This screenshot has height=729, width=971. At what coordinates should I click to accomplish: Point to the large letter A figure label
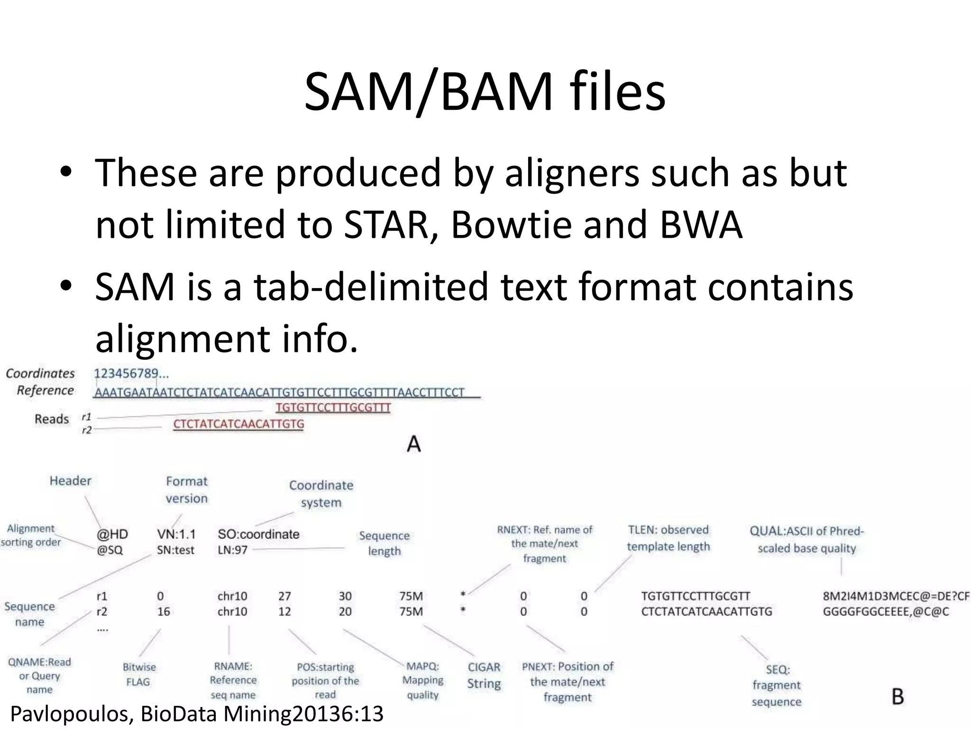coord(414,444)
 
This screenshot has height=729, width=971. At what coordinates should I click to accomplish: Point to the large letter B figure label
coord(898,697)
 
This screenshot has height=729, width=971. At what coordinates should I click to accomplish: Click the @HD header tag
coord(112,534)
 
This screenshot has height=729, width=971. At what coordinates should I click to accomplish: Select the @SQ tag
coord(110,550)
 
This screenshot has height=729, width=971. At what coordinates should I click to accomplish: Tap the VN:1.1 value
coord(176,534)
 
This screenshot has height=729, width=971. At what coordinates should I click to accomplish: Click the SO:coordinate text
coord(258,534)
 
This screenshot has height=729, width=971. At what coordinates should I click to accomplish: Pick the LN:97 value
coord(232,551)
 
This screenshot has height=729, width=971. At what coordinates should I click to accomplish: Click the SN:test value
coord(176,551)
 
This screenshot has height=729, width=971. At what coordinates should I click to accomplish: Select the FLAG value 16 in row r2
coord(164,612)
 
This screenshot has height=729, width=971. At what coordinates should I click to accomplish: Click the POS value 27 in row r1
coord(284,596)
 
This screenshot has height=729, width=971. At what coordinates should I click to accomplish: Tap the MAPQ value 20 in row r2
coord(345,612)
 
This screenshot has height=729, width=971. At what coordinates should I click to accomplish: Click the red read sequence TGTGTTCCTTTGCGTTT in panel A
coord(333,408)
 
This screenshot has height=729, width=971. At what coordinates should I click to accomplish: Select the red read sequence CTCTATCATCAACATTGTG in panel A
coord(238,424)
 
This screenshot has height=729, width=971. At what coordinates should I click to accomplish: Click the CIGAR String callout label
coord(484,675)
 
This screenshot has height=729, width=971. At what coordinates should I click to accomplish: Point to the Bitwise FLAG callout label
coord(138,674)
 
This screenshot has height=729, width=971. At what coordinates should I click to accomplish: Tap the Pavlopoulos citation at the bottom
coord(196,714)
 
